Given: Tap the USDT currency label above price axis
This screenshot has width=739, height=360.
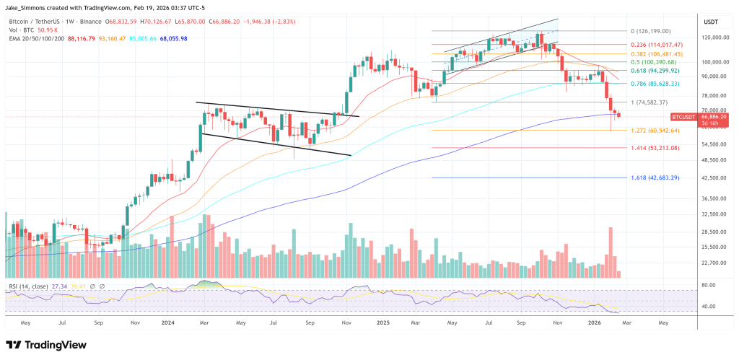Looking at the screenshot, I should [x=712, y=21].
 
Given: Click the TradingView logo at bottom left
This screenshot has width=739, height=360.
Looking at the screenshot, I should [x=44, y=344].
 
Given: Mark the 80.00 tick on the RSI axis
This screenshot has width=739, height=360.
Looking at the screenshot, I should [x=709, y=285].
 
